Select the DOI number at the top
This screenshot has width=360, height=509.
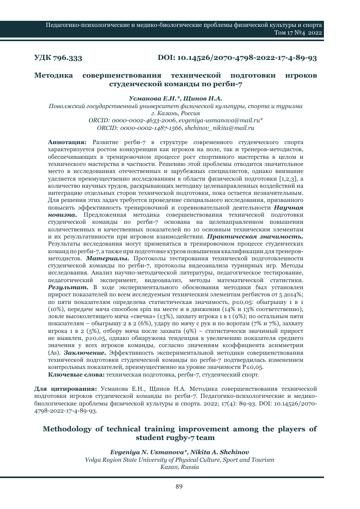pos(238,58)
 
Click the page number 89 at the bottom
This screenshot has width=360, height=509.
pos(179,487)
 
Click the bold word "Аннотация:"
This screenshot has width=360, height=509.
pos(67,144)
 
